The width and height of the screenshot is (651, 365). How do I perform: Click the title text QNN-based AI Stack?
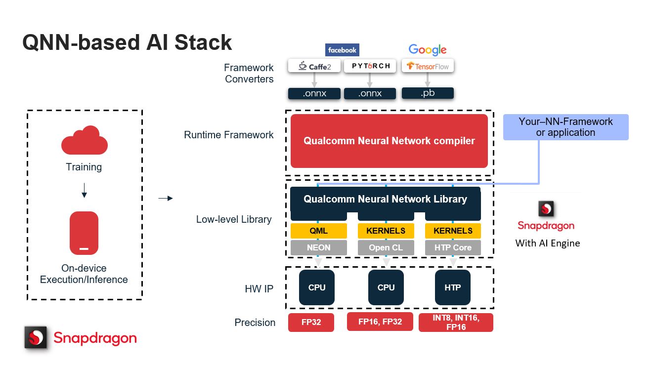(x=127, y=42)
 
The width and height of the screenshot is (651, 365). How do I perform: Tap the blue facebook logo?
(x=342, y=50)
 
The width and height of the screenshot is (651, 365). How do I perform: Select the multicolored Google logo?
(x=428, y=50)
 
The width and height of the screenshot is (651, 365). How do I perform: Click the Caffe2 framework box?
(x=314, y=66)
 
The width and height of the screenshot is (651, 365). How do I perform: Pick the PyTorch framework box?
(x=370, y=66)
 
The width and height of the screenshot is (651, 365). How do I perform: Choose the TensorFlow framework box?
(x=428, y=66)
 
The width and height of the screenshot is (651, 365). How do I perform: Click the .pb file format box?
(x=428, y=93)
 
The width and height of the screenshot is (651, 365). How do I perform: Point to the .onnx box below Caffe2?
(x=314, y=93)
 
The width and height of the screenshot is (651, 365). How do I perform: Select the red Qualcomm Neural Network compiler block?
(x=389, y=141)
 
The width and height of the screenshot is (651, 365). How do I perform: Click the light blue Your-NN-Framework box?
(x=565, y=127)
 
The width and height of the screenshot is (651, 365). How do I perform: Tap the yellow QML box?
(x=318, y=231)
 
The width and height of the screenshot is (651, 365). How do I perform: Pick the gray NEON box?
(x=318, y=247)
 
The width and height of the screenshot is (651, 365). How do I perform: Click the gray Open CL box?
(x=386, y=247)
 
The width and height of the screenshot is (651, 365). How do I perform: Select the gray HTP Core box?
(x=453, y=247)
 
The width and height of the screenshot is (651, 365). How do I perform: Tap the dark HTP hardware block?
(x=453, y=287)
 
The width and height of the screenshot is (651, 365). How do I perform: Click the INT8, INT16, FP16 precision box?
(x=456, y=322)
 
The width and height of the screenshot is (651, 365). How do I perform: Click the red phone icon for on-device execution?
(x=84, y=233)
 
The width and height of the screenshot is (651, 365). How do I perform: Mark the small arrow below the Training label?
(x=84, y=190)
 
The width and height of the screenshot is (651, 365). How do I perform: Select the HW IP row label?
(x=259, y=289)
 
